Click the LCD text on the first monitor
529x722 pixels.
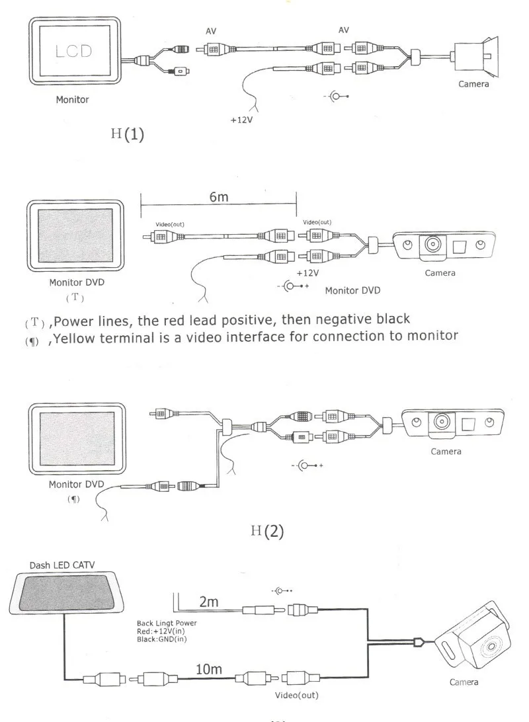(73, 51)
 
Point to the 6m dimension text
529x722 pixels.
(219, 197)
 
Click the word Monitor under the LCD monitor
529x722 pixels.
(72, 100)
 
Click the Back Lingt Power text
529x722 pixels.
(167, 623)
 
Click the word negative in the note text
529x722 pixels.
(345, 320)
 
